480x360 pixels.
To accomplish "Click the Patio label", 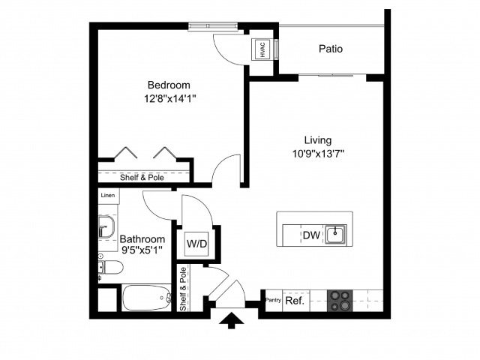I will pos(330,49).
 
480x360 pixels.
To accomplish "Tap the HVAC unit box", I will pos(263,49).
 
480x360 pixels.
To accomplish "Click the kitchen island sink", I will pos(337,234).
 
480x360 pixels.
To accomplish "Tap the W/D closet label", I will pos(197,244).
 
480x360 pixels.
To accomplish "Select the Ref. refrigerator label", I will pos(295,301).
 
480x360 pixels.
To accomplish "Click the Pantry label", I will pos(273,301).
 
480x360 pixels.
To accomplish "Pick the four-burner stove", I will pos(340,301).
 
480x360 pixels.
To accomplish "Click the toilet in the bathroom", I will pos(111,267).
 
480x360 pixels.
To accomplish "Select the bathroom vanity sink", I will pos(106,226).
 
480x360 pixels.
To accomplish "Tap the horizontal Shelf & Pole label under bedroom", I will pos(142,178).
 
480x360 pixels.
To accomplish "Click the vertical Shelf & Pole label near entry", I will pos(183,288).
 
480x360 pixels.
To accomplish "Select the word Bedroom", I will pos(168,85).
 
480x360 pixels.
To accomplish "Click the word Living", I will pos(317,139).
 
